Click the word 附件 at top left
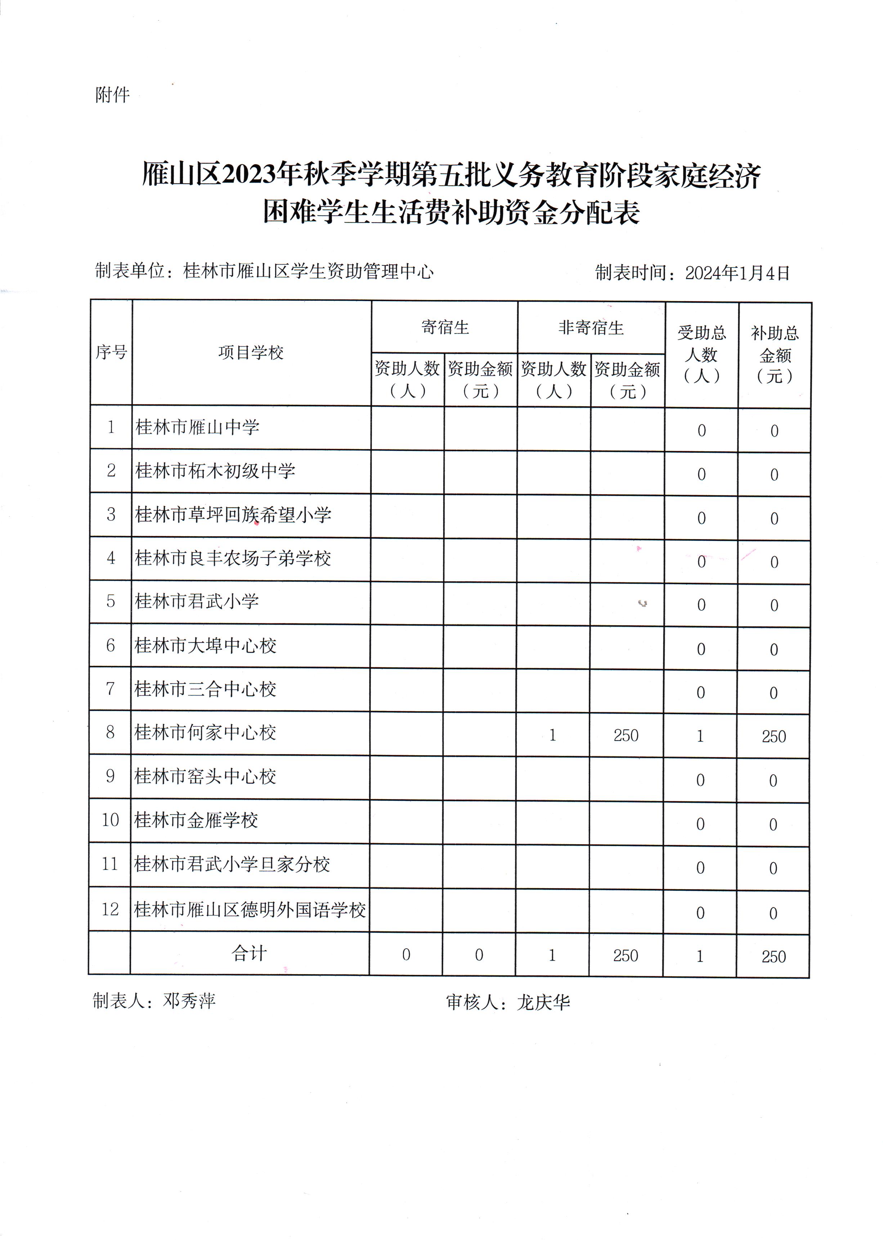113,95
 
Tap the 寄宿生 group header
445,327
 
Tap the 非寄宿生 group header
591,328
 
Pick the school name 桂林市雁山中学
197,427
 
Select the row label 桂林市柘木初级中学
215,471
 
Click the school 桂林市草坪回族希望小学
233,514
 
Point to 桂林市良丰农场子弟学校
233,558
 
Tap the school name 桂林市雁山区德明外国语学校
250,910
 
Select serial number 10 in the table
110,820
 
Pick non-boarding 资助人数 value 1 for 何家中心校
552,735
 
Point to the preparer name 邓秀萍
189,1001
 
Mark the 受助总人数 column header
702,354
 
